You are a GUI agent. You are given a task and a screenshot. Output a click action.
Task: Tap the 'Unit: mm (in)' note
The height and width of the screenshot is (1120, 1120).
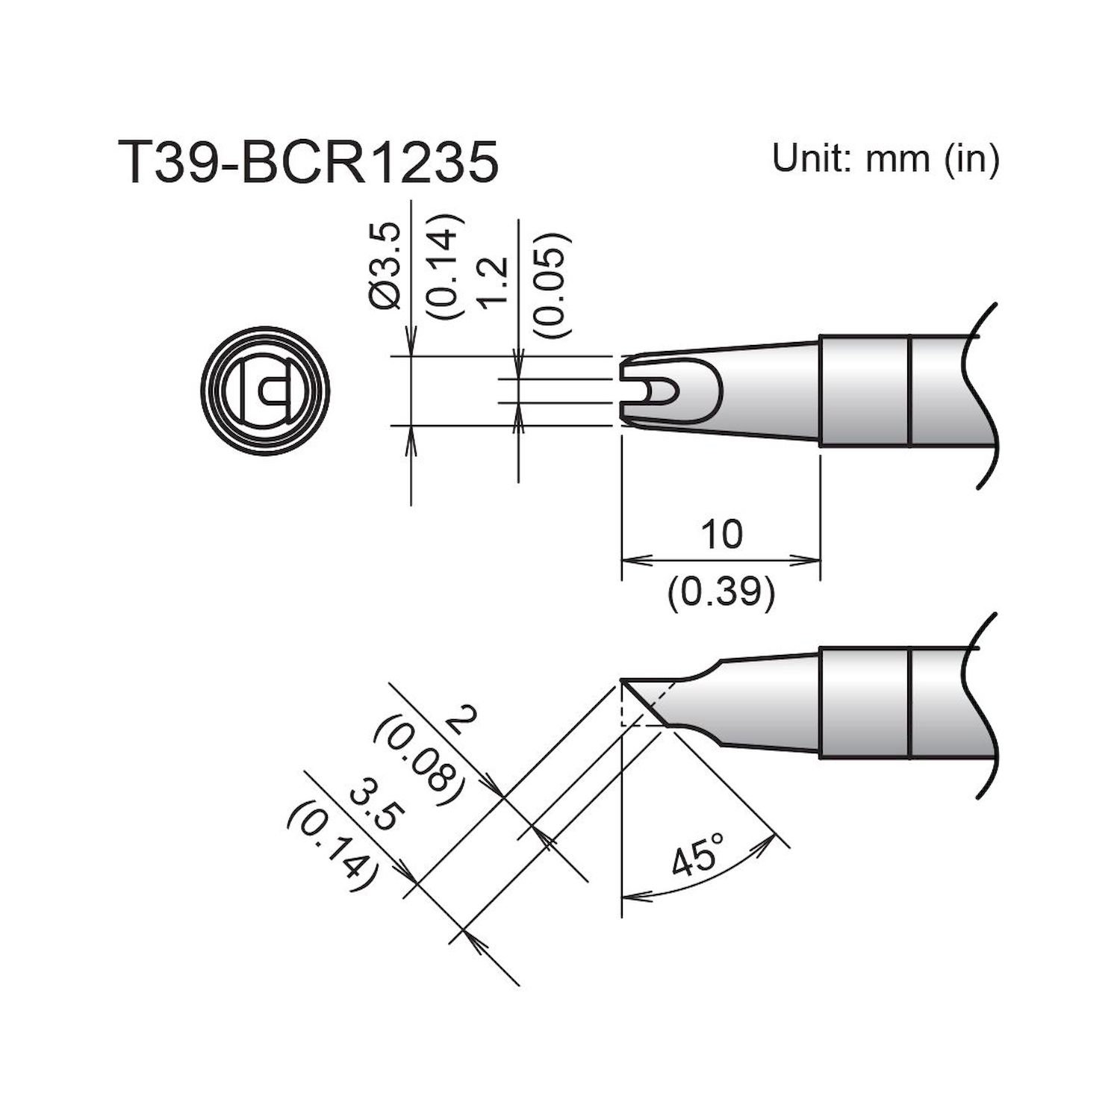(x=885, y=158)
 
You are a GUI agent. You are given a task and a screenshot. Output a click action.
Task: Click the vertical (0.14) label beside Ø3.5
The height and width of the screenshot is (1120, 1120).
(x=446, y=267)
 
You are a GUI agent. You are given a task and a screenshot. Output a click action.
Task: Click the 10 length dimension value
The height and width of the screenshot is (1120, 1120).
(x=722, y=535)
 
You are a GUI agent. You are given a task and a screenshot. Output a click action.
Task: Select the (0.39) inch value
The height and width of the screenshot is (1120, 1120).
(x=721, y=592)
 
